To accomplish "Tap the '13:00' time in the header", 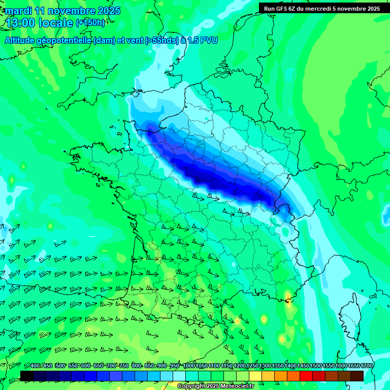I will coord(20,23).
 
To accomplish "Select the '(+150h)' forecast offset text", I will coord(90,23).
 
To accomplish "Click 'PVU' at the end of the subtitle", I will coord(209,41).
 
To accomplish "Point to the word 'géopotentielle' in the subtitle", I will coord(64,41).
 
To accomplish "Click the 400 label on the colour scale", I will coord(35,366).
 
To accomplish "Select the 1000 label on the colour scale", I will coord(189,366).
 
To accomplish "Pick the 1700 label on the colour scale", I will coord(367,366).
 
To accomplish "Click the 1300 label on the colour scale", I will coord(265,366).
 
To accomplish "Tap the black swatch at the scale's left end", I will coord(27,376).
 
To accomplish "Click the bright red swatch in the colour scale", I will coord(306,376).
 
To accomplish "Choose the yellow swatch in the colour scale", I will coord(255,376).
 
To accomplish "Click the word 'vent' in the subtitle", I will coord(134,41).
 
